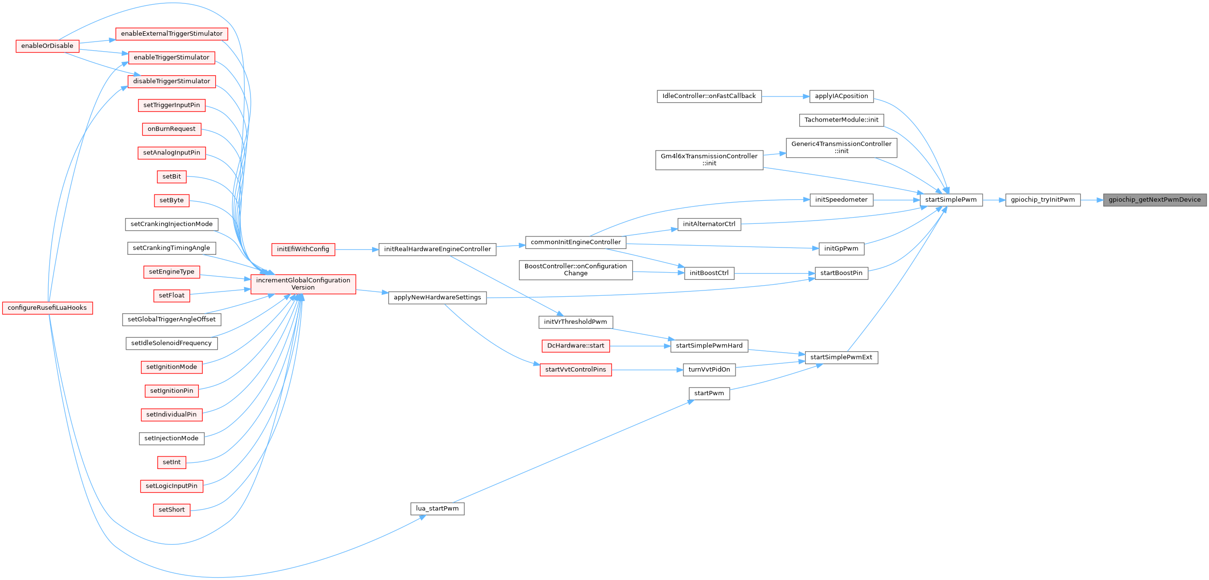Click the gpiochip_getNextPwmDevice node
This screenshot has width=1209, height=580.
click(1154, 200)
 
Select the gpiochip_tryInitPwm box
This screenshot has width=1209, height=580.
click(1042, 200)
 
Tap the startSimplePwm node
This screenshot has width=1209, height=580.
click(951, 200)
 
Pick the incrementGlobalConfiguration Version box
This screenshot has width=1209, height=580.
click(303, 284)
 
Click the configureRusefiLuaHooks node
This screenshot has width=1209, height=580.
click(47, 308)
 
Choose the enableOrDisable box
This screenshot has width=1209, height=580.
click(47, 46)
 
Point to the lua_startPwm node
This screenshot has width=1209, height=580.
click(437, 509)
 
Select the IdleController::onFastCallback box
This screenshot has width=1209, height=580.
click(709, 96)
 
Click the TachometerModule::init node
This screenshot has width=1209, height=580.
click(841, 120)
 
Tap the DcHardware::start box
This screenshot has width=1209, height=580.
click(575, 346)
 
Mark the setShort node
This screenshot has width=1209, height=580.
click(171, 510)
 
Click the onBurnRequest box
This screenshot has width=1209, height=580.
click(171, 129)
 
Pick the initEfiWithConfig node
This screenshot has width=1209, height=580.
click(303, 249)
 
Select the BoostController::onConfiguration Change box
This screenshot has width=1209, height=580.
click(575, 270)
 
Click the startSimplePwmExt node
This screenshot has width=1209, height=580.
click(841, 358)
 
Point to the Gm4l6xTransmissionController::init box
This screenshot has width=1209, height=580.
click(709, 160)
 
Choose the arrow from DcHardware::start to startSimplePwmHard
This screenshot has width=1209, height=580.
click(640, 346)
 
